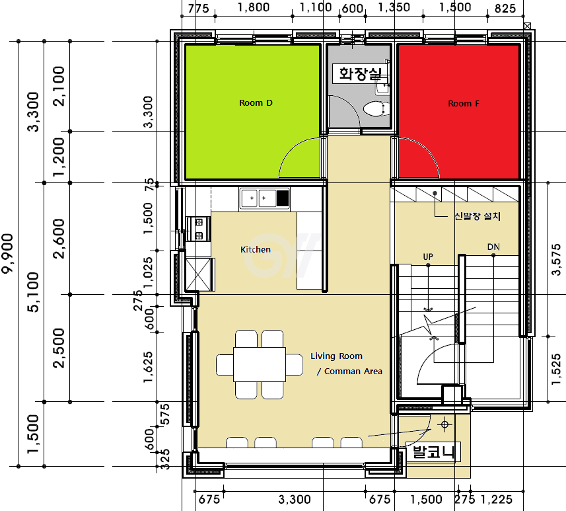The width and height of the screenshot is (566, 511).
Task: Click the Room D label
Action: click(256, 103)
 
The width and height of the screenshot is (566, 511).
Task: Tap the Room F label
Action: click(464, 104)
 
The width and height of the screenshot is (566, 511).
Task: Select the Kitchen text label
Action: click(255, 249)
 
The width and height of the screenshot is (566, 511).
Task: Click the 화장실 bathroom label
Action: click(360, 74)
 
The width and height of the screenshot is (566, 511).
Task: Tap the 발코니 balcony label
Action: click(433, 452)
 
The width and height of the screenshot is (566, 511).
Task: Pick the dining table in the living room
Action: click(259, 364)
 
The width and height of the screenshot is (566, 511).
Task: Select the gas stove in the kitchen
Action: click(198, 229)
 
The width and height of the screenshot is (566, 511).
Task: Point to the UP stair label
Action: click(428, 256)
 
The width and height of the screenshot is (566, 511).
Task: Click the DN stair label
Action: click(493, 247)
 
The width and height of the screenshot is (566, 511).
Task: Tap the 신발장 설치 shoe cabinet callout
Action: click(478, 216)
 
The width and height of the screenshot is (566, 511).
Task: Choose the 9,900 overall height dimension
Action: click(7, 253)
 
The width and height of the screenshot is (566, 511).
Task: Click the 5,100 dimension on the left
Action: click(33, 292)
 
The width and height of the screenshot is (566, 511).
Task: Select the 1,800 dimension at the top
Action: click(254, 7)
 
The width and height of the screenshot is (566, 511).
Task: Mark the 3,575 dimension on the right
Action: click(556, 260)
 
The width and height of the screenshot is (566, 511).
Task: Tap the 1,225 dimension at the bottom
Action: click(497, 500)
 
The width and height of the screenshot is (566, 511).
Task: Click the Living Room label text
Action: click(336, 356)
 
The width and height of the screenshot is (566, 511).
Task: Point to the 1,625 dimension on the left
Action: click(149, 367)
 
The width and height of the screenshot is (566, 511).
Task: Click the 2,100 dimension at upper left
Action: click(59, 86)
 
